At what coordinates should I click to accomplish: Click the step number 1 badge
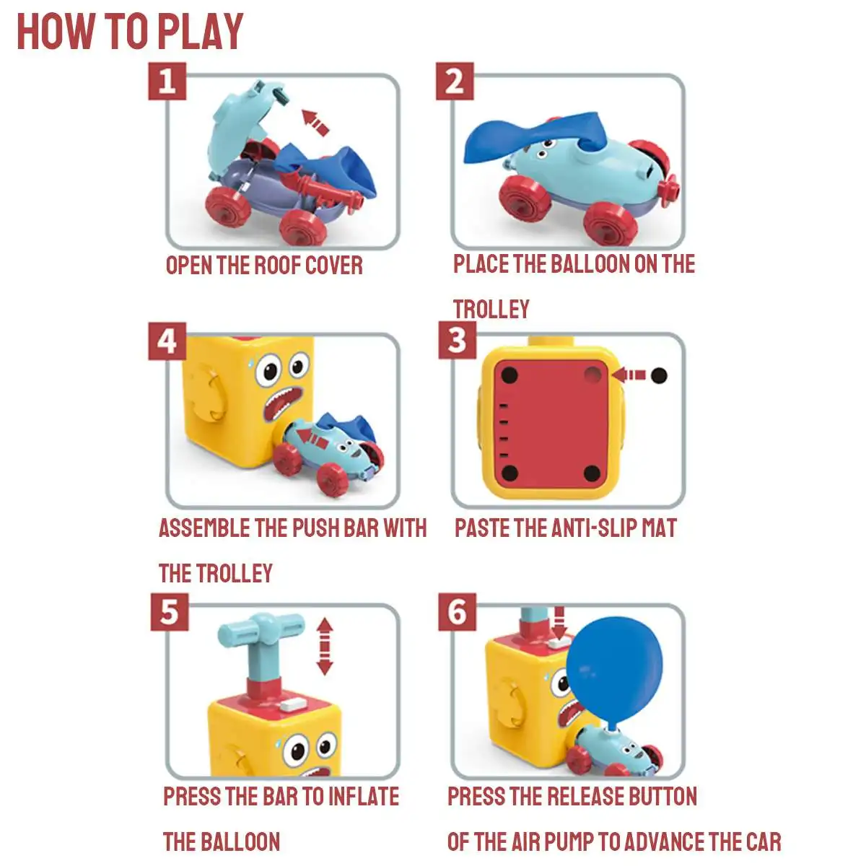(167, 82)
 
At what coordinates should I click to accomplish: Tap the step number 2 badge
(455, 82)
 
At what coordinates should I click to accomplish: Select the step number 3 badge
(457, 340)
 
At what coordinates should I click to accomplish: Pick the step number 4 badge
(167, 341)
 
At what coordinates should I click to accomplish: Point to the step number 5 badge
(170, 612)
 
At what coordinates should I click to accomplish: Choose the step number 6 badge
(457, 612)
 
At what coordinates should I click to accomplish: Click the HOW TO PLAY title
(131, 32)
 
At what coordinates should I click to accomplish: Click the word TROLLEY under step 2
(491, 309)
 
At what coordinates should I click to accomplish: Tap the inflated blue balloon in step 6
(614, 670)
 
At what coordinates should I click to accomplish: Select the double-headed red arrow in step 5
(325, 646)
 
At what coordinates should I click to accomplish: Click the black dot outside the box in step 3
(659, 375)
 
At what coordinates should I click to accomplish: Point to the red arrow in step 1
(315, 122)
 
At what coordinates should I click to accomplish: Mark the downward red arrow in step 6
(559, 623)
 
